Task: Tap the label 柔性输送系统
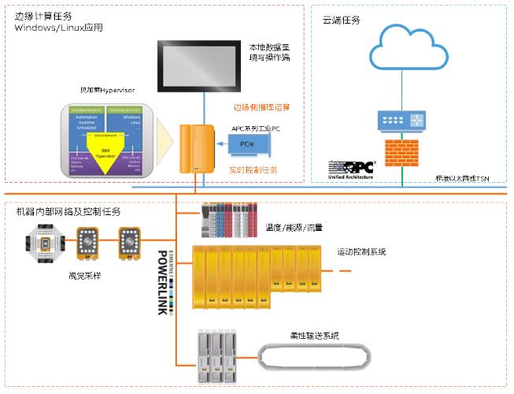[x=314, y=335]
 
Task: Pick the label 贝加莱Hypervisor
[x=108, y=90]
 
